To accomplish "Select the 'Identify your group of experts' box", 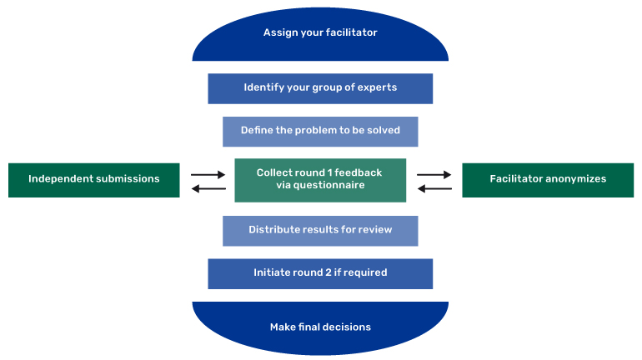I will (320, 87).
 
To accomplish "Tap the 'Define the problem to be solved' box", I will (320, 131).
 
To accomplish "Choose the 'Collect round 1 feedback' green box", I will (320, 179).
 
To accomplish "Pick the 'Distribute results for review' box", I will (320, 230).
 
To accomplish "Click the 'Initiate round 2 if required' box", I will (320, 272).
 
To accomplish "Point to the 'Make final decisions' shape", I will (320, 327).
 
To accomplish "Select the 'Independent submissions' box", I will (93, 179).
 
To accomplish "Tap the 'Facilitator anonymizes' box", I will (548, 179).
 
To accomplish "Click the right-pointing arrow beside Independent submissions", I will (208, 175).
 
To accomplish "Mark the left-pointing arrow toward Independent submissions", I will (208, 189).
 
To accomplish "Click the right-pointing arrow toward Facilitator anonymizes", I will (434, 175).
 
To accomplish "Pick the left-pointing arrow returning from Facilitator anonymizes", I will (434, 189).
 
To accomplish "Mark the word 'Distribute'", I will (274, 230).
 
